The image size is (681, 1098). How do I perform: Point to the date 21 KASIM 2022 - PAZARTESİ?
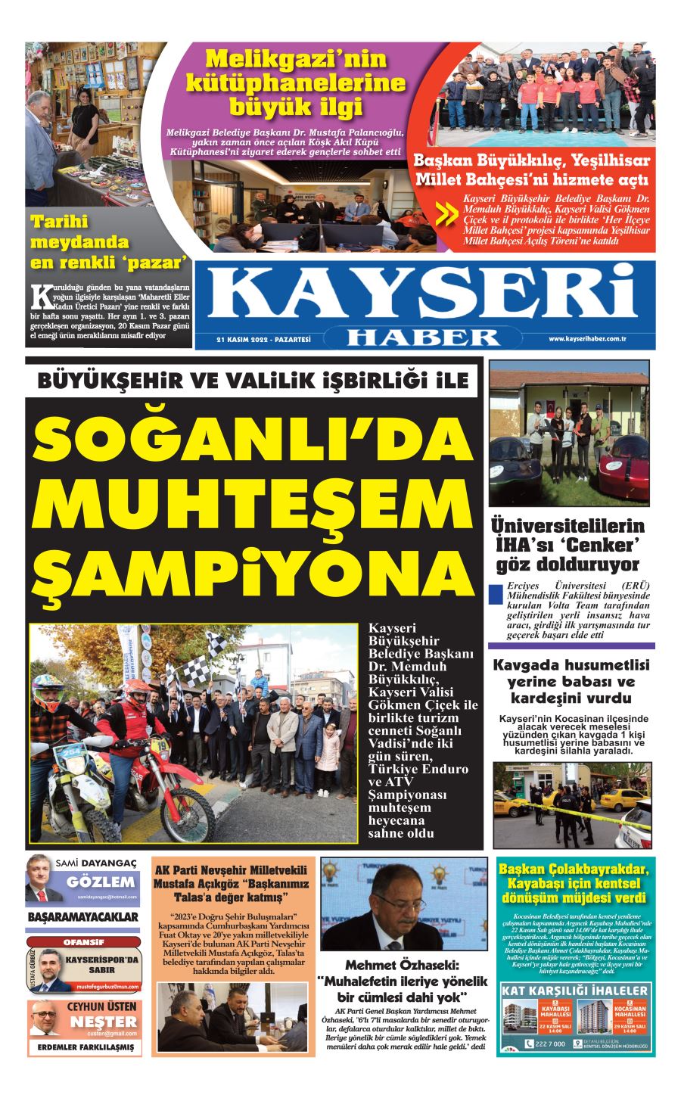coord(264,340)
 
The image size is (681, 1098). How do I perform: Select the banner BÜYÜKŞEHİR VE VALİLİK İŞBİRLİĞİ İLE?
coord(253,381)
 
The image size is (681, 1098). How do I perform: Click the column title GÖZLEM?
coord(101,882)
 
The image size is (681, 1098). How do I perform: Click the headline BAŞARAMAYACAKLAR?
coord(83,917)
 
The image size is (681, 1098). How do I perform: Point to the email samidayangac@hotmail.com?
coord(106,896)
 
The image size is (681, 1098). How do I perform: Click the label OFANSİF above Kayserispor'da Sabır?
coord(83,942)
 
